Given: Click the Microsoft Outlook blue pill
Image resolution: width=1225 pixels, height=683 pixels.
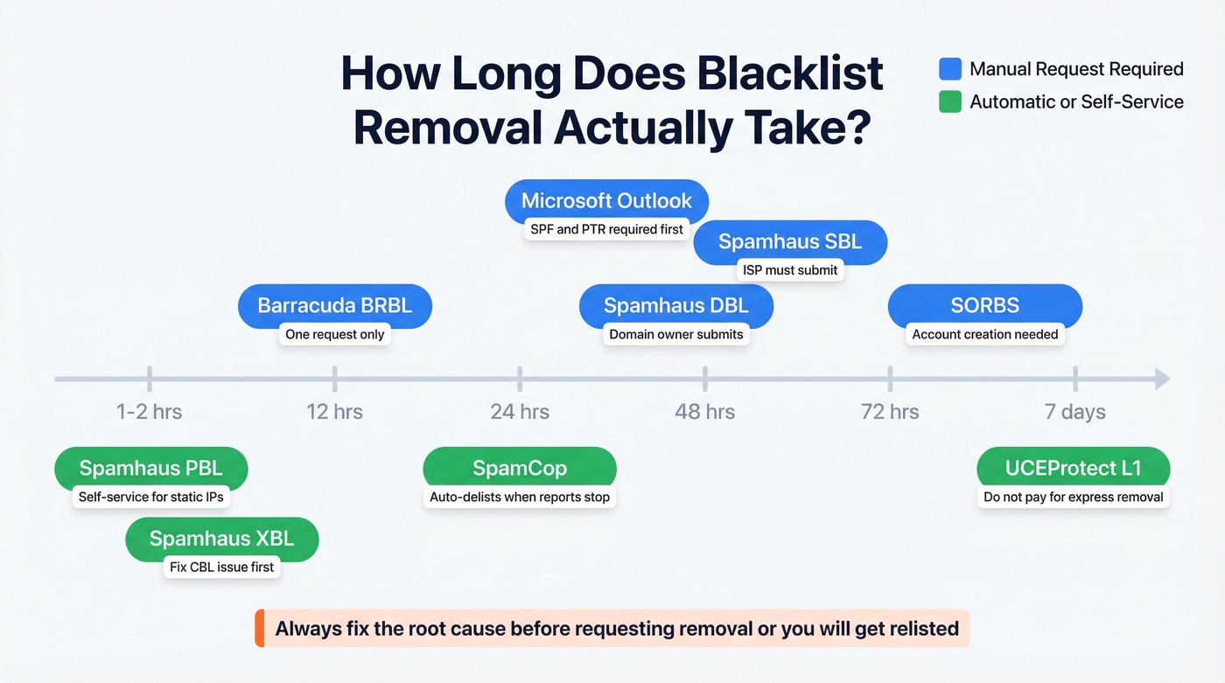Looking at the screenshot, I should coord(606,201).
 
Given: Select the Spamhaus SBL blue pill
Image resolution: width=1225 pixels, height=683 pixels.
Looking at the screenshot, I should coord(790,242).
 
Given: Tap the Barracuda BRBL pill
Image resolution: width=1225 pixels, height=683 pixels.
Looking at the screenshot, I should coord(334,306).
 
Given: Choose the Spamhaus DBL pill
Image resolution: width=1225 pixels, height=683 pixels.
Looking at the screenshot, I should coord(676,306).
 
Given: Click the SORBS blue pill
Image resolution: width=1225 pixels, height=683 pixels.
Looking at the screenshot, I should coord(984,306).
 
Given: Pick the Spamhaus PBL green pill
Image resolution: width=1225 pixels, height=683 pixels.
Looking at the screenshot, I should coord(150,469).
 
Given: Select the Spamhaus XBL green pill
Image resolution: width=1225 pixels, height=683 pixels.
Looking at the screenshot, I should coord(221,539).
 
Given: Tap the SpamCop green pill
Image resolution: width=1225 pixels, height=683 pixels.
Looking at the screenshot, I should coord(520,469).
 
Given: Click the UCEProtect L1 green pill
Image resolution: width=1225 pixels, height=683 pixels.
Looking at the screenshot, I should coord(1073,469).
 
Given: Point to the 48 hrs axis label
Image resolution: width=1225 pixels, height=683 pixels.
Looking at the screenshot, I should coord(704,412).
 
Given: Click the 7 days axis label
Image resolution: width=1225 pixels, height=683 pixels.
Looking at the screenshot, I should coord(1074,412).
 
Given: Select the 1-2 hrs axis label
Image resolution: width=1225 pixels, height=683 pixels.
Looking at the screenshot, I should coord(149,412).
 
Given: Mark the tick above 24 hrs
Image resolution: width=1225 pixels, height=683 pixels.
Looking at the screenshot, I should coord(520,379).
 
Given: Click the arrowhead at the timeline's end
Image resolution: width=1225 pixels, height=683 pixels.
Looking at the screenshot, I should coord(1162,379).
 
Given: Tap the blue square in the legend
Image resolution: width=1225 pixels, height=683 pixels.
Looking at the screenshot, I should coord(949,69).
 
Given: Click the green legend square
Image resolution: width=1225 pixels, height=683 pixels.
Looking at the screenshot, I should coord(949,101).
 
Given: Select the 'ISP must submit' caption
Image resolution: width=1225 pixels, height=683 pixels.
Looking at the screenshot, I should coord(790,270).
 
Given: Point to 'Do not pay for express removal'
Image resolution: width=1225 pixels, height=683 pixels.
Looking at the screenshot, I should coord(1073,497).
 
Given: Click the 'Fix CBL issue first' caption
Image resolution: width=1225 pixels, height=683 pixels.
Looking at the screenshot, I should coord(221,567).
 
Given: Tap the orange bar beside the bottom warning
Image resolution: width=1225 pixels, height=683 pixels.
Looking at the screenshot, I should coord(259,628).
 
